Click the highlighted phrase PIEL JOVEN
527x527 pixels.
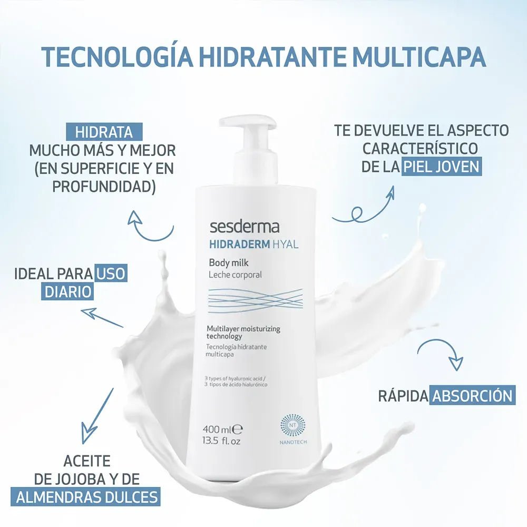[x=441, y=167]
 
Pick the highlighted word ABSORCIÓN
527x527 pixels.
[x=472, y=395]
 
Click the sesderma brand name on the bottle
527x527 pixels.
[x=245, y=228]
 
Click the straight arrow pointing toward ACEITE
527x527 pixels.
[x=97, y=416]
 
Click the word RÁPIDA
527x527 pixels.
[x=403, y=396]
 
